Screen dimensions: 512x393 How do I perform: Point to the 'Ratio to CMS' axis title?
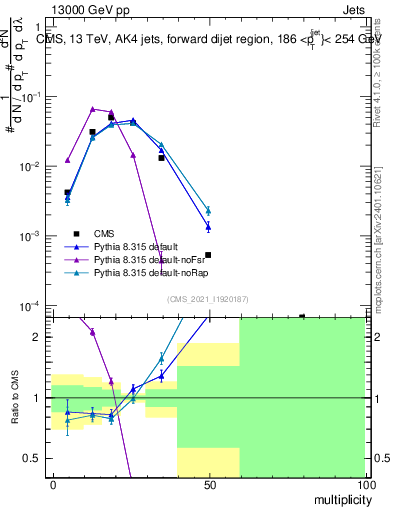(x=15, y=398)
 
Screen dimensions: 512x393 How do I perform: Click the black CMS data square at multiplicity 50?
(x=208, y=255)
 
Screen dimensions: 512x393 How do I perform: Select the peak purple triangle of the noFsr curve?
(x=92, y=109)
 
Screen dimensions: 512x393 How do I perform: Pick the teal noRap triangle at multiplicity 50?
(x=208, y=210)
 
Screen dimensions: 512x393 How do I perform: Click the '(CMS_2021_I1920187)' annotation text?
(x=207, y=298)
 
